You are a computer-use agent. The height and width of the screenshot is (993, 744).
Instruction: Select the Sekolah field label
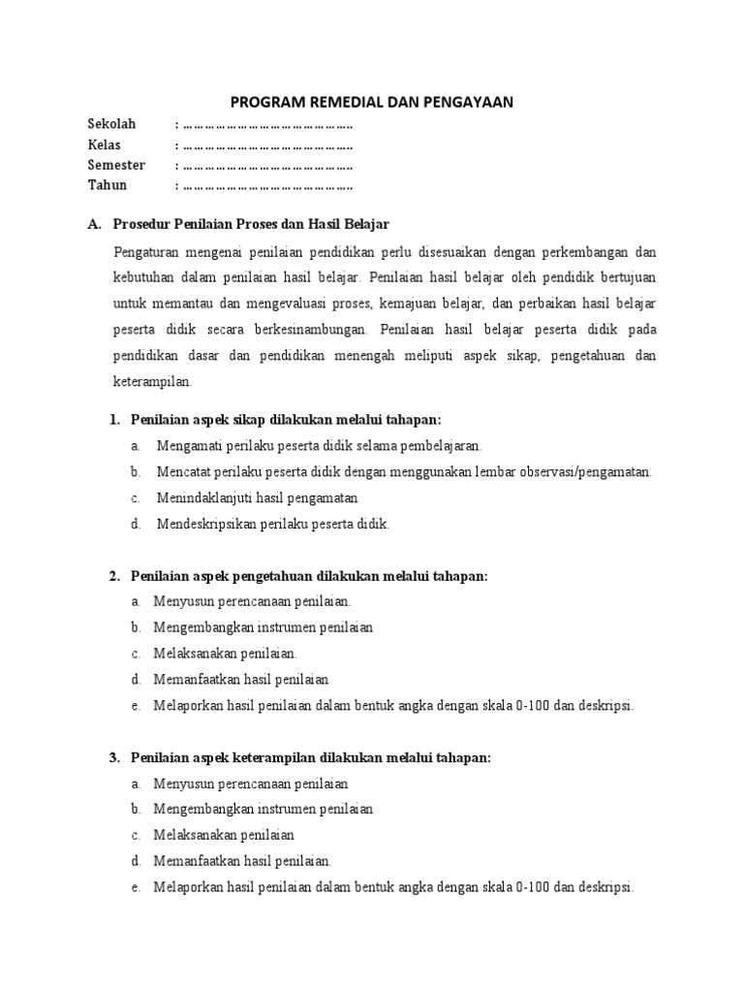112,124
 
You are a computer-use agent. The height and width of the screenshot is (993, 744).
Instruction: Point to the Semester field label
116,165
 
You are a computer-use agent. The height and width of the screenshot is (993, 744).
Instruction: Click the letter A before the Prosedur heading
93,224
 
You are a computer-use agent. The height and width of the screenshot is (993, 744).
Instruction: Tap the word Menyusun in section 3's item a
181,784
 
